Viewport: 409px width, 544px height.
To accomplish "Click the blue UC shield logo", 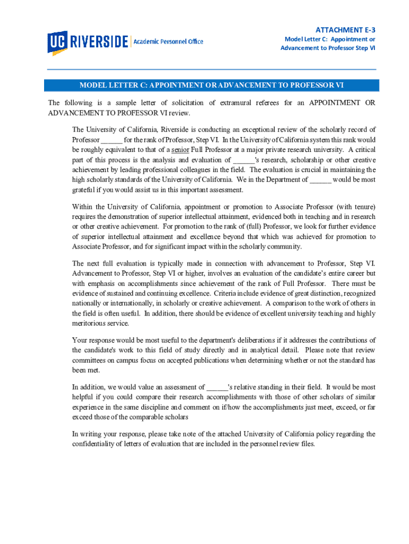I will tap(57, 42).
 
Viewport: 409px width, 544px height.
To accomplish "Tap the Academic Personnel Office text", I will tap(168, 41).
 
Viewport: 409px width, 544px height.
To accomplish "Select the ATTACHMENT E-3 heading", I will tap(346, 30).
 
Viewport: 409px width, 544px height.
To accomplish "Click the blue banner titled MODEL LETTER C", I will tap(211, 85).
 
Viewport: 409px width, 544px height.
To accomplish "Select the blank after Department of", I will tap(320, 180).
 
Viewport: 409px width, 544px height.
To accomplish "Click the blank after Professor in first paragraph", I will tap(112, 140).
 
